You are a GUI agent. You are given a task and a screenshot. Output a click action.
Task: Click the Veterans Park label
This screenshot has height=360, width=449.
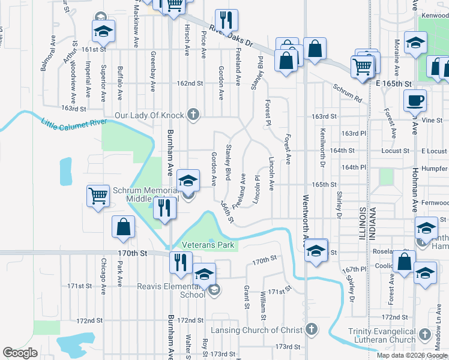[x=208, y=245]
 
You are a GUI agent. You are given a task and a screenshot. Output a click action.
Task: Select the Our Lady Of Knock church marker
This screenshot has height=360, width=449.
[x=193, y=114]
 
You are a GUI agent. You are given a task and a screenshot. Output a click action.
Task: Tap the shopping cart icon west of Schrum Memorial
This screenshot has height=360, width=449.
[x=98, y=196]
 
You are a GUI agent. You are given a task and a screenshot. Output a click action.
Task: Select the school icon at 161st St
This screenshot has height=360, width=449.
[x=103, y=32]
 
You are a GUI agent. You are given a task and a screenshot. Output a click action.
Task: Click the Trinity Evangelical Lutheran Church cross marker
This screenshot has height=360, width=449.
[x=424, y=334]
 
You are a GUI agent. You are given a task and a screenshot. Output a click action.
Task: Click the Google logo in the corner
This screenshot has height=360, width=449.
[x=20, y=353]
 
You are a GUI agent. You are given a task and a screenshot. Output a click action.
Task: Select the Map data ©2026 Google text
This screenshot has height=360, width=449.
[x=412, y=355]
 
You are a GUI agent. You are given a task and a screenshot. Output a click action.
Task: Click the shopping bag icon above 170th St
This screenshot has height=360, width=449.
[x=123, y=228]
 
